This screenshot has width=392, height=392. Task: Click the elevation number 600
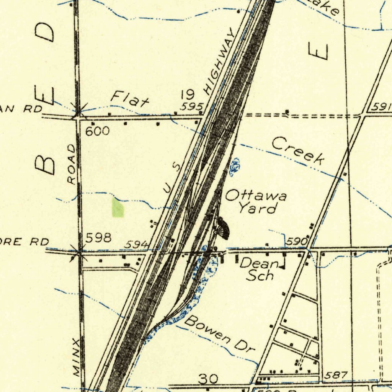click(x=97, y=131)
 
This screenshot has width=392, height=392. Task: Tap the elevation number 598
click(x=98, y=238)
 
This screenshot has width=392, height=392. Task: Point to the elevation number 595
click(x=191, y=107)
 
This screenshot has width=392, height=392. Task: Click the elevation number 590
click(x=297, y=242)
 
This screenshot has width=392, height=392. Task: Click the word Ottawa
click(x=256, y=196)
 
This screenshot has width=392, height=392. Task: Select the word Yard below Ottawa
click(x=257, y=209)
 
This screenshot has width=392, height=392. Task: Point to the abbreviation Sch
click(x=260, y=275)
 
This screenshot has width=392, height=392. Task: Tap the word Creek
click(x=298, y=151)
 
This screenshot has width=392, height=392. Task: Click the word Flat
click(x=129, y=98)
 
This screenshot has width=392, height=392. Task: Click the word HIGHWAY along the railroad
click(x=219, y=62)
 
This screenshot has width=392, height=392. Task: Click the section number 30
click(x=209, y=379)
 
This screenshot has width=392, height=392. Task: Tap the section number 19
click(x=188, y=94)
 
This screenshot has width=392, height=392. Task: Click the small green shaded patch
click(x=118, y=208)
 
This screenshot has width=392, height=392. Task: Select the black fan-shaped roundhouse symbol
click(x=222, y=228)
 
